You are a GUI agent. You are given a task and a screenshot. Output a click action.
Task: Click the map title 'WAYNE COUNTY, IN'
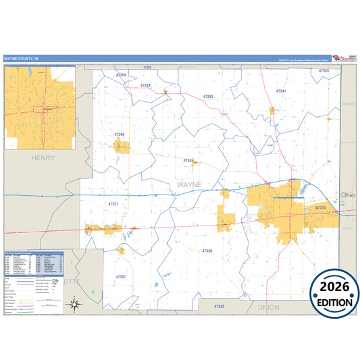22,59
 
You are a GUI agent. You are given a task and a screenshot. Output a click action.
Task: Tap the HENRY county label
43,157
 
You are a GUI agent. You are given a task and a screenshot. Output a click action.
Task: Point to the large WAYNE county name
189,184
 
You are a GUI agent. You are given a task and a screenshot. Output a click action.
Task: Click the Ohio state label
347,195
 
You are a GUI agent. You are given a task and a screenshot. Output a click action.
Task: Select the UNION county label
268,307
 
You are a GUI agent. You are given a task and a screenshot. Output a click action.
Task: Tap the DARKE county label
348,104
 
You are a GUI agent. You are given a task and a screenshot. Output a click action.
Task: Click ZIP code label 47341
281,91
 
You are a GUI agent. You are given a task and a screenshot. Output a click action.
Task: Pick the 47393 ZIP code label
207,97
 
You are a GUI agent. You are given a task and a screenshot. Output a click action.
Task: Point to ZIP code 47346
120,134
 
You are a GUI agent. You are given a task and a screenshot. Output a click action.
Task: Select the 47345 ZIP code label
188,161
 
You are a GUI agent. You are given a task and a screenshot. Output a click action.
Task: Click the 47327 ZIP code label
113,203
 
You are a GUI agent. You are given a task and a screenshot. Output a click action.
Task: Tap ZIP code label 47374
321,207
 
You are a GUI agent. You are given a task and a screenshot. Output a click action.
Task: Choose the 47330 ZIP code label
207,251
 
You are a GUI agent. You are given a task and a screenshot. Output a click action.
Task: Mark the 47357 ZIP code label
120,277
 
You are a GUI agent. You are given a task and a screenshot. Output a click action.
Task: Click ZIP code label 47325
218,307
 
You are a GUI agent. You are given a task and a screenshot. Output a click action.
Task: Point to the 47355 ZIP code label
324,70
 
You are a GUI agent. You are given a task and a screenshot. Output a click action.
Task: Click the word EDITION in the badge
330,303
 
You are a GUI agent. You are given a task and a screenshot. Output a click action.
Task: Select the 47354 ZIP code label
121,75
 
